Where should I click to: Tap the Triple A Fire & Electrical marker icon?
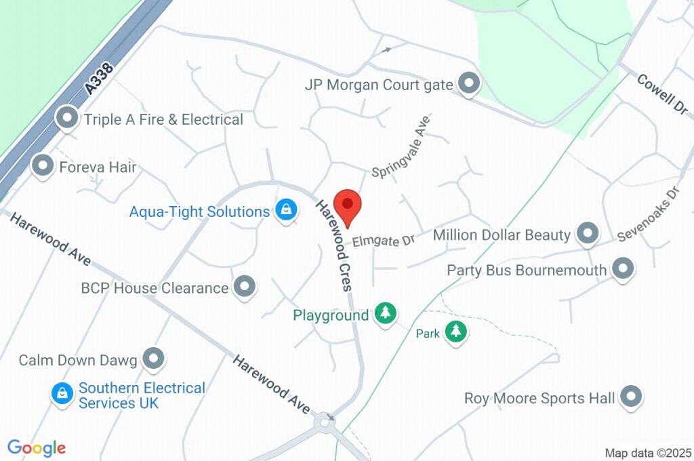(67, 119)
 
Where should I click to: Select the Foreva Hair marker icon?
(43, 165)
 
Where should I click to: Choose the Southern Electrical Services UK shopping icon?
(62, 393)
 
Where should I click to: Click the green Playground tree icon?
(386, 313)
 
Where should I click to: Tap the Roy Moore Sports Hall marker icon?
(631, 397)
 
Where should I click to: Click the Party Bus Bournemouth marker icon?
(621, 268)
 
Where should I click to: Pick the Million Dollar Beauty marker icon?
(587, 234)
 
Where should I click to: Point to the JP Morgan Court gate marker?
(468, 84)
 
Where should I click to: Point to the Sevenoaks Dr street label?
(649, 215)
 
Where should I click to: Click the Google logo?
(37, 447)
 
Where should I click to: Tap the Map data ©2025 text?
(648, 452)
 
